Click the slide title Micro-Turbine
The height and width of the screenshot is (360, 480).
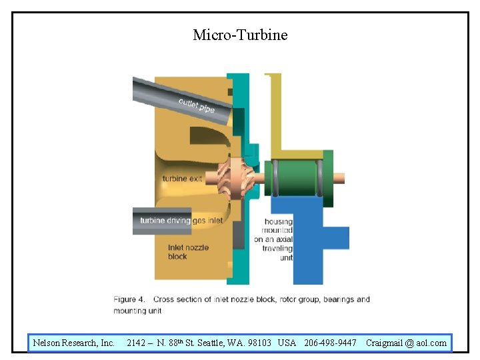click(x=240, y=35)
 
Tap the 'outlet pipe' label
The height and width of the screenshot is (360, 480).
click(x=196, y=105)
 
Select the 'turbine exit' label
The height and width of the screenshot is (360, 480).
click(x=182, y=179)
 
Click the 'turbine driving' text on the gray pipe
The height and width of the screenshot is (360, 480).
click(x=165, y=221)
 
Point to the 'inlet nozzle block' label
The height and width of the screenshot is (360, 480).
click(x=188, y=251)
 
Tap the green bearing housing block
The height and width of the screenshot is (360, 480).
click(x=294, y=178)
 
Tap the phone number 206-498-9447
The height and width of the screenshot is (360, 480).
click(x=330, y=343)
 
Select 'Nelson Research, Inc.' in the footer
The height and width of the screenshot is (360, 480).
click(x=74, y=343)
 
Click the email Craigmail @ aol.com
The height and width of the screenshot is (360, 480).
click(x=406, y=343)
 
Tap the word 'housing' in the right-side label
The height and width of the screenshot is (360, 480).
click(x=278, y=222)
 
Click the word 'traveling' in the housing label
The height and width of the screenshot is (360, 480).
click(x=277, y=248)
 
